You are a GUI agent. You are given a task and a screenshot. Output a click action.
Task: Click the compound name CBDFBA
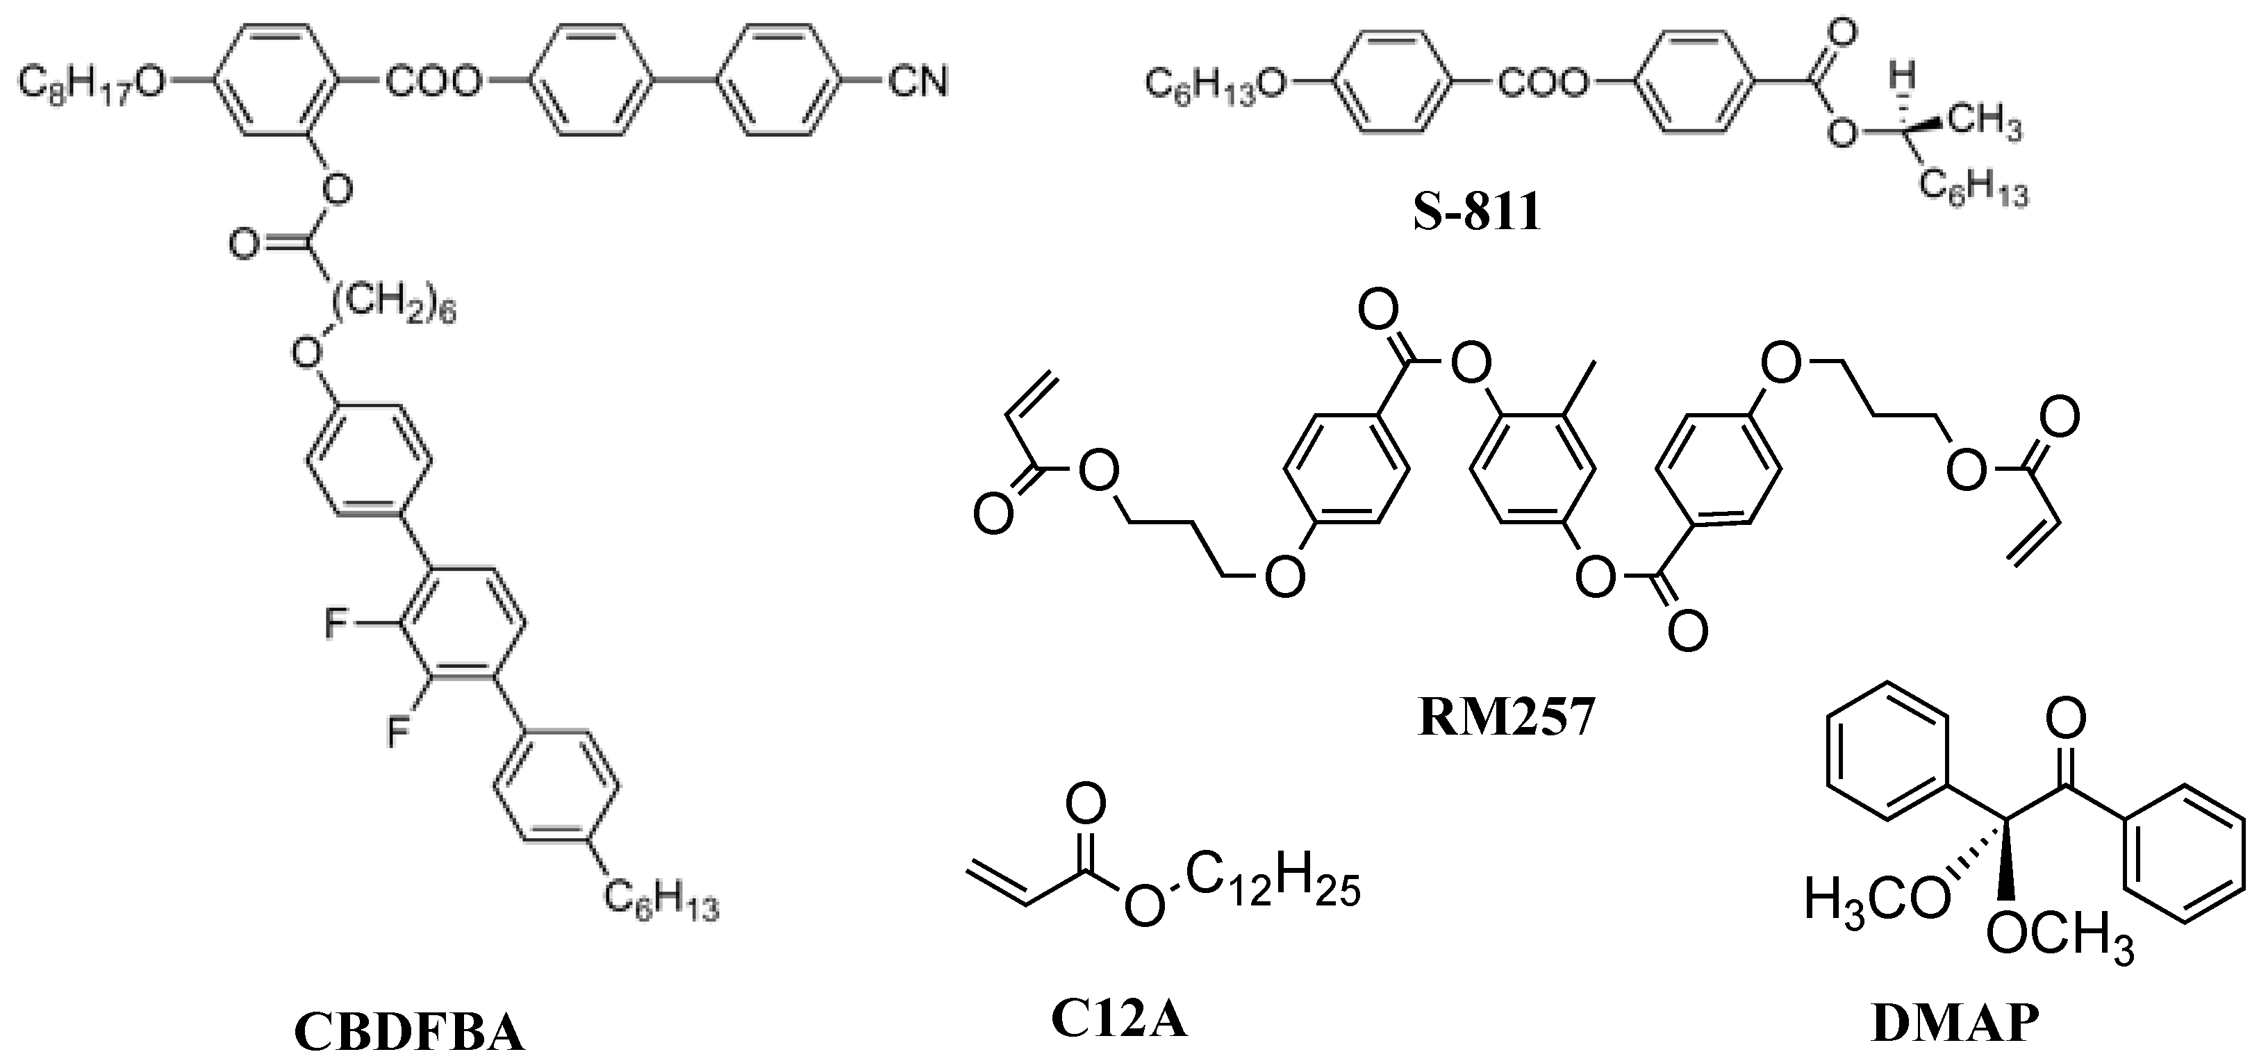[x=408, y=1031]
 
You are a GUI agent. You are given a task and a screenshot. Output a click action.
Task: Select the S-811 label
[x=1477, y=213]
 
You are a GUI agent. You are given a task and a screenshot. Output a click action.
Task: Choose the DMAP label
[x=1954, y=1024]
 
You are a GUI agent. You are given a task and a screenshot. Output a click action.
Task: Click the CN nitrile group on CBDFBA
[x=917, y=83]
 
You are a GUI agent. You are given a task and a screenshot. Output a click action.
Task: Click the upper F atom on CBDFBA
[x=336, y=624]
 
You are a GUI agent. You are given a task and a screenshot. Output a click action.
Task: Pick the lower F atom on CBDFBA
[x=399, y=730]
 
